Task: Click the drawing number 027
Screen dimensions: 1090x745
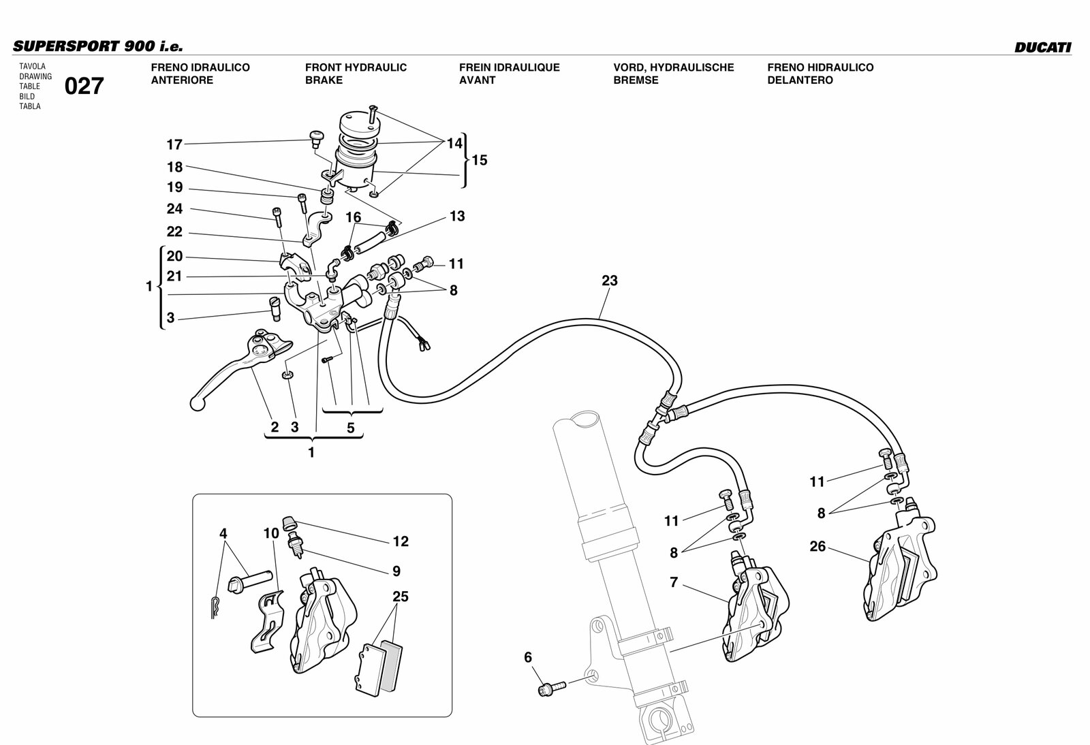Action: coord(84,86)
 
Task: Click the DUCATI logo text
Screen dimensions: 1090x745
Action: coord(1043,48)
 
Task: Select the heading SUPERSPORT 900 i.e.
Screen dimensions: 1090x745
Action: coord(98,46)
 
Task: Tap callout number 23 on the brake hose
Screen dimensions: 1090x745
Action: coord(609,281)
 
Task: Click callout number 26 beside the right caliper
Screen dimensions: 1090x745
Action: coord(817,547)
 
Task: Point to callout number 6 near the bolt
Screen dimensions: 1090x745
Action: coord(528,657)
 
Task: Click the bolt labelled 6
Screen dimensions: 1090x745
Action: coord(552,688)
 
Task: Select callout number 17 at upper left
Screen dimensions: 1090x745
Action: coord(174,144)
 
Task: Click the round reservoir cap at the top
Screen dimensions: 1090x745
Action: coord(358,123)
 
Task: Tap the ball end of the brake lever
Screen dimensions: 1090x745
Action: coord(197,404)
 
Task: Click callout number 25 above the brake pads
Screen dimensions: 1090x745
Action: coord(401,597)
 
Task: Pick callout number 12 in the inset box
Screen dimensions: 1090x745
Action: coord(401,541)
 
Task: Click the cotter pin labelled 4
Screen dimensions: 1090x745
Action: coord(215,607)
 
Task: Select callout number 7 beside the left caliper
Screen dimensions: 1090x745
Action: coord(674,582)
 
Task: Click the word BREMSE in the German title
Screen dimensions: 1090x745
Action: coord(636,80)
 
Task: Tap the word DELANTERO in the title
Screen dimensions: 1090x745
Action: coord(800,80)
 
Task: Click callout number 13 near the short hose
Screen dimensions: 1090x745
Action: coord(457,216)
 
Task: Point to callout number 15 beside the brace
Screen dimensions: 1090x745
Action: coord(480,160)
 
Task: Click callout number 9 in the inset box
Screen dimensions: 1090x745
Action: coord(396,571)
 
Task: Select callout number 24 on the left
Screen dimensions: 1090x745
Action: coord(174,208)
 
